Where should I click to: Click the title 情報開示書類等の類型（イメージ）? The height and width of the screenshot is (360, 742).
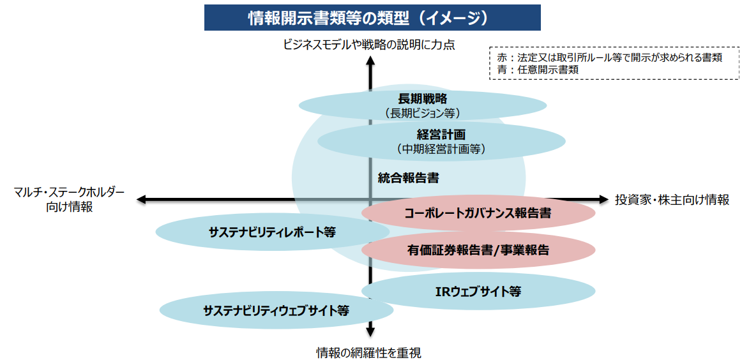click(x=372, y=18)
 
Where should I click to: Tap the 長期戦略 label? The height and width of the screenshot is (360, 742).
click(x=422, y=98)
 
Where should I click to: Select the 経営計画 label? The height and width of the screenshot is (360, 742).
click(x=441, y=135)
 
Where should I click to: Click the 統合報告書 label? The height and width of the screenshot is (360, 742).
click(x=408, y=178)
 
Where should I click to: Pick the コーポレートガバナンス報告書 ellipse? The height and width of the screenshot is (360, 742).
click(x=478, y=213)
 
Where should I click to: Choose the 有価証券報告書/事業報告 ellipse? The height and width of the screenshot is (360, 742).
click(x=478, y=250)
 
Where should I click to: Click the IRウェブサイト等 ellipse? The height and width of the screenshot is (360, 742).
click(x=478, y=292)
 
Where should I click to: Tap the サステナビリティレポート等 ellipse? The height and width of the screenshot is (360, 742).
click(x=262, y=232)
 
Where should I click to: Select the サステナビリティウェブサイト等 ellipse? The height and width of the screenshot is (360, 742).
click(x=276, y=311)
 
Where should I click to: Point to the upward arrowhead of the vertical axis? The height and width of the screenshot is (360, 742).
click(x=370, y=61)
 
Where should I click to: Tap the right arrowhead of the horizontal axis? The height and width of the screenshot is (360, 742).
click(x=603, y=200)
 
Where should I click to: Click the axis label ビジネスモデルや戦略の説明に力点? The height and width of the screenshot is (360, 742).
click(x=369, y=45)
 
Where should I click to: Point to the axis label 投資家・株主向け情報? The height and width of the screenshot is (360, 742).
click(x=672, y=200)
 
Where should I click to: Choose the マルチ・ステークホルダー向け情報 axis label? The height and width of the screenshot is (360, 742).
click(x=69, y=199)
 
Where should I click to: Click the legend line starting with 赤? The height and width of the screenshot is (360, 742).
click(x=609, y=58)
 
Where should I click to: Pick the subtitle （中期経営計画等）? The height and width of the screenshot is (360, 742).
click(x=441, y=149)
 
